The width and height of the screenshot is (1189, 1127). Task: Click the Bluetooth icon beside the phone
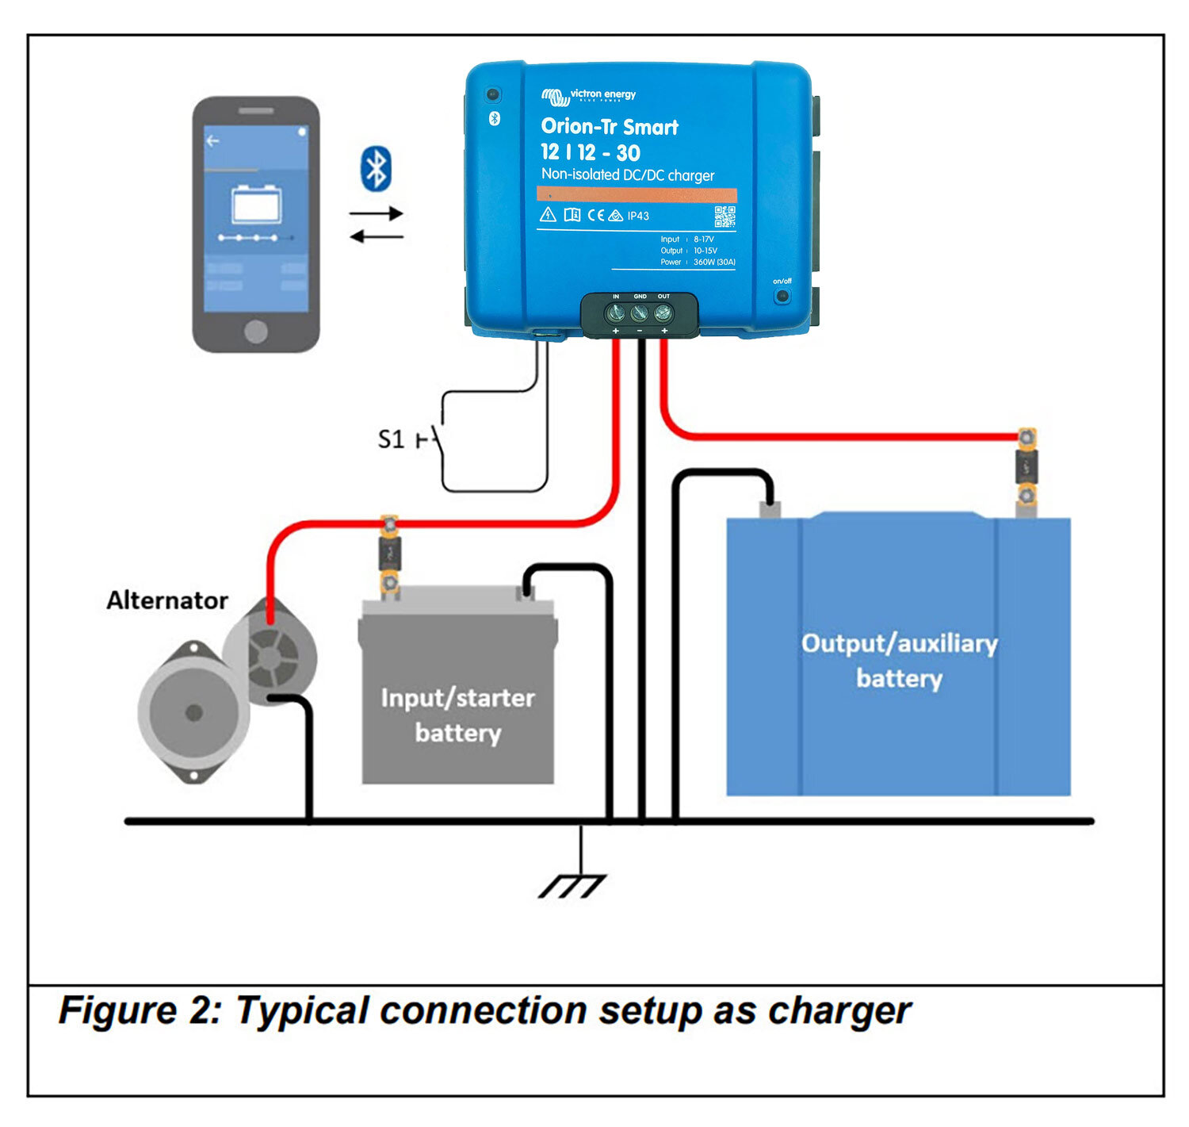tap(376, 168)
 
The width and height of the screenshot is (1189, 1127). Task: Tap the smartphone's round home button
tap(255, 331)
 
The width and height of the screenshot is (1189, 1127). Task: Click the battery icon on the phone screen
tap(255, 205)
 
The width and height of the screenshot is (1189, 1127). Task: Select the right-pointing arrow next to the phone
tap(377, 213)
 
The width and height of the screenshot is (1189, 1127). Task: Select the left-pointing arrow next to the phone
tap(377, 236)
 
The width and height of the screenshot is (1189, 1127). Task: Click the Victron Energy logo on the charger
tap(588, 96)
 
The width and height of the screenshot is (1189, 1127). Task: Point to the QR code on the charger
tap(724, 216)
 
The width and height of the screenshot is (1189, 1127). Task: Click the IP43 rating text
tap(638, 216)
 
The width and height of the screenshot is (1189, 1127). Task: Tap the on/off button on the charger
tap(782, 296)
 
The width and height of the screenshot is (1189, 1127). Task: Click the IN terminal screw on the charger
tap(616, 313)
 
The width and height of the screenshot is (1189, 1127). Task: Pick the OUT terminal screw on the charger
tap(663, 313)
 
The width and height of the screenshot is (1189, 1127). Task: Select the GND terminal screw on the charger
tap(640, 313)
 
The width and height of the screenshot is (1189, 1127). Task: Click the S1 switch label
tap(391, 439)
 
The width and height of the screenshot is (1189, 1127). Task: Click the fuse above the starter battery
tap(389, 554)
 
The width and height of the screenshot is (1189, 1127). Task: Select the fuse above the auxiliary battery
tap(1027, 467)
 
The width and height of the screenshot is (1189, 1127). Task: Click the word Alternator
tap(167, 600)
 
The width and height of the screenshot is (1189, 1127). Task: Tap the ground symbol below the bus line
tap(572, 885)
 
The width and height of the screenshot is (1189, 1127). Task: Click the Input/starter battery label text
tap(457, 715)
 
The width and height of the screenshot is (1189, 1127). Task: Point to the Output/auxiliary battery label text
tap(899, 661)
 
